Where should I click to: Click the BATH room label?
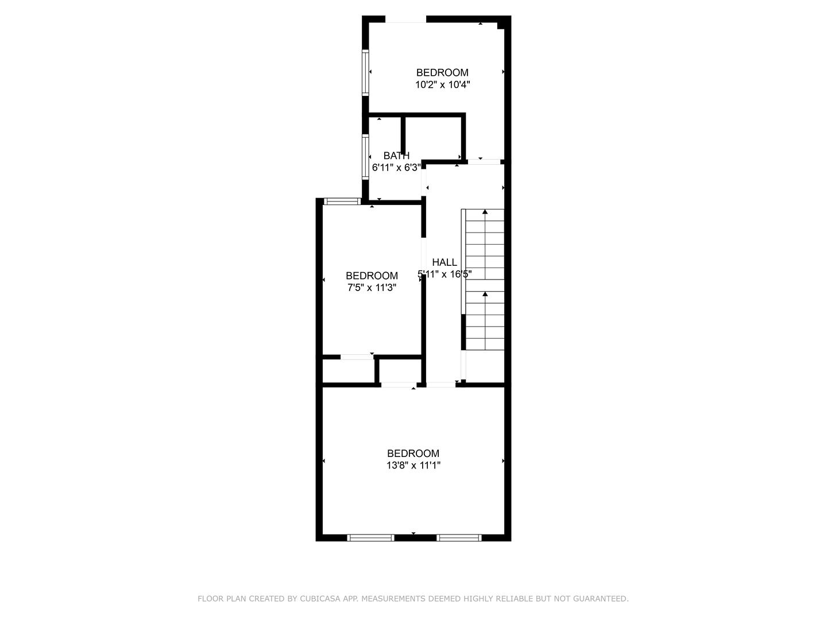click(x=396, y=156)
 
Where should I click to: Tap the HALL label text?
click(x=445, y=262)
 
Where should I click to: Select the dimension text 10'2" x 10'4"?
click(x=443, y=85)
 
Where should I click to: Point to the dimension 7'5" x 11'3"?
click(x=372, y=288)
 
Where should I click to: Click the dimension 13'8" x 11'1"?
click(x=413, y=466)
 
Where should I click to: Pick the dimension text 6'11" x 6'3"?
click(x=396, y=168)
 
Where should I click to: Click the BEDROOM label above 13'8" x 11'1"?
click(x=413, y=454)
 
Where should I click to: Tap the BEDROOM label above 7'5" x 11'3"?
click(x=372, y=276)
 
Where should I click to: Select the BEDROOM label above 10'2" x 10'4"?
click(x=442, y=73)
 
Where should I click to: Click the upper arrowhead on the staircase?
click(x=485, y=212)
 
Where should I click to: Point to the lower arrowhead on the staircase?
click(x=485, y=294)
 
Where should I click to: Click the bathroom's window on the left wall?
click(x=365, y=157)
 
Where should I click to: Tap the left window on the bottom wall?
click(x=370, y=538)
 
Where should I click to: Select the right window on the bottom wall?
click(x=459, y=538)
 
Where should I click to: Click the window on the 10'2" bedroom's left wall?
click(x=365, y=72)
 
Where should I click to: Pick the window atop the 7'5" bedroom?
click(x=342, y=201)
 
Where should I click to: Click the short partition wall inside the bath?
click(x=403, y=135)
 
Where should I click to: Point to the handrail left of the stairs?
click(x=463, y=262)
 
